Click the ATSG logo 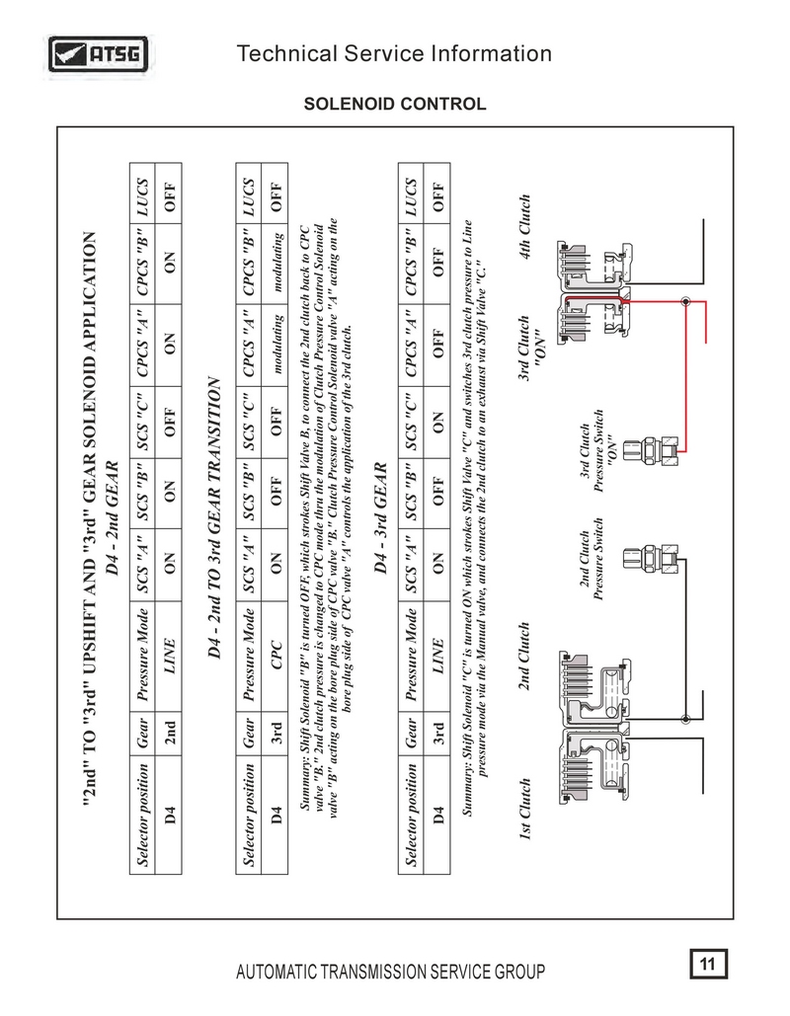pyautogui.click(x=98, y=54)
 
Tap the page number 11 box pyautogui.click(x=708, y=964)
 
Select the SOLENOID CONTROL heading pyautogui.click(x=395, y=105)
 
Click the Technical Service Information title pyautogui.click(x=394, y=53)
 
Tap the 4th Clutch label pyautogui.click(x=524, y=227)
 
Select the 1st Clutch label pyautogui.click(x=524, y=809)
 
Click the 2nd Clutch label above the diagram pyautogui.click(x=524, y=656)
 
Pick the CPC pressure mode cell pyautogui.click(x=276, y=655)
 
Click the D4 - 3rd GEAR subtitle pyautogui.click(x=380, y=517)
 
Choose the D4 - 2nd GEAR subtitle pyautogui.click(x=113, y=517)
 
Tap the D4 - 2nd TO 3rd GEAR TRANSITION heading pyautogui.click(x=214, y=517)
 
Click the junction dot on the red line pyautogui.click(x=685, y=301)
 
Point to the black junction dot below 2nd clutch pyautogui.click(x=685, y=719)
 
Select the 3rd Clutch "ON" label pyautogui.click(x=531, y=348)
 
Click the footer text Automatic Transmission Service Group pyautogui.click(x=390, y=972)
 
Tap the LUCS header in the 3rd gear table pyautogui.click(x=410, y=197)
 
